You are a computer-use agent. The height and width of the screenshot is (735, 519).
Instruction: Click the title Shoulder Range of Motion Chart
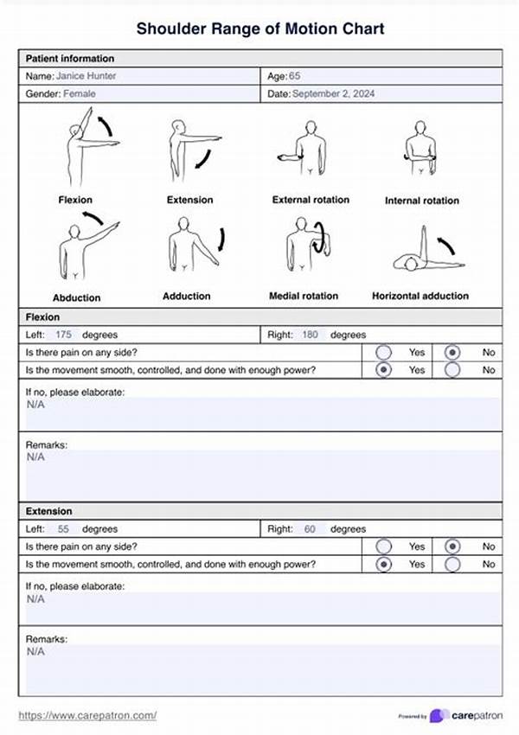(x=259, y=29)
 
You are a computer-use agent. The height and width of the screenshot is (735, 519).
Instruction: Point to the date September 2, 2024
(x=340, y=93)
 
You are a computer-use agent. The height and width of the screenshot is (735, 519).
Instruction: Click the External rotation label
(x=311, y=200)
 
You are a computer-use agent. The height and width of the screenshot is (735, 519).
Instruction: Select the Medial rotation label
(x=303, y=296)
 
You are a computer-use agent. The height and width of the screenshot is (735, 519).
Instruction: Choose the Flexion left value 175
(x=63, y=335)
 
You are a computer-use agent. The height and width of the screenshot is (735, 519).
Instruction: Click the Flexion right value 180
(x=311, y=335)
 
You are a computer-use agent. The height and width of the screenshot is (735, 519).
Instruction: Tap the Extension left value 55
(x=63, y=529)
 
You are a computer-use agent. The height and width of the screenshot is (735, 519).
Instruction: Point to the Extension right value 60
(x=310, y=529)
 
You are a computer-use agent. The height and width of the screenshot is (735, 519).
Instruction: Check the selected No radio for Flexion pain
(x=452, y=352)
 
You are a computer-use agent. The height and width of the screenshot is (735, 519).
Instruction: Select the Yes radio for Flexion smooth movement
(x=385, y=370)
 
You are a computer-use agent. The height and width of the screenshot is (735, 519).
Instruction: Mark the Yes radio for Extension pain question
(x=385, y=546)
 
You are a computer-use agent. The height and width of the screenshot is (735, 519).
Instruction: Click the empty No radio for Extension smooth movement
(x=452, y=565)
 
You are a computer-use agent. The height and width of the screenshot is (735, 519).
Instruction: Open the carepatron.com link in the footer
(x=87, y=715)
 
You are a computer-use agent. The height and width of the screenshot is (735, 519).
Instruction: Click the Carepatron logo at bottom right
(x=465, y=715)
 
